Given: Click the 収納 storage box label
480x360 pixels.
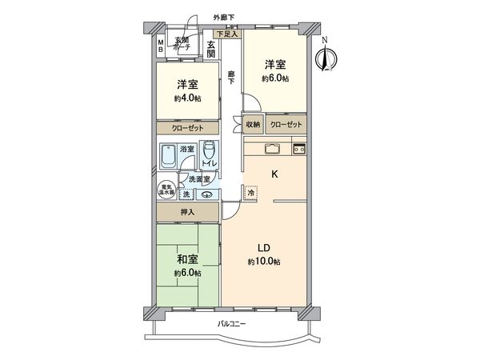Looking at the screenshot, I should point(253,126).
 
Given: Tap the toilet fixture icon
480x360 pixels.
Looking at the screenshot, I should point(208,150).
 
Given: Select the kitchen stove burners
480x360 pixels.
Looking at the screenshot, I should point(299,148).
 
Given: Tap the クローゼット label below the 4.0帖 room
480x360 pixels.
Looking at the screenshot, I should point(186,128).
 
